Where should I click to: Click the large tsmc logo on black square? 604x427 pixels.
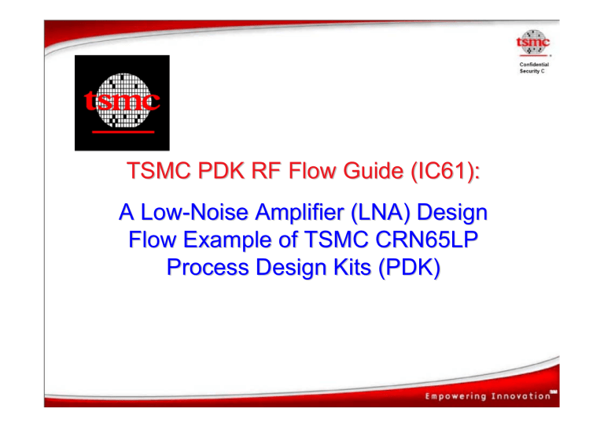point(122,102)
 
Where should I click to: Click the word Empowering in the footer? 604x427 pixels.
point(464,397)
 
